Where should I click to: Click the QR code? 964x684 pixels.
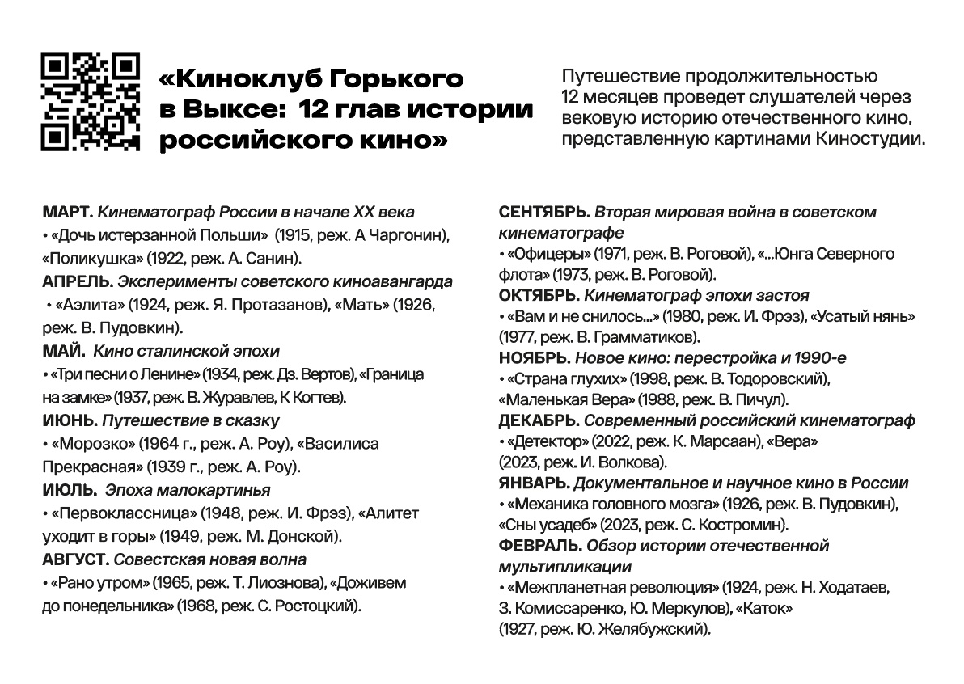91,102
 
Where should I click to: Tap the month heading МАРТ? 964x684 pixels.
67,213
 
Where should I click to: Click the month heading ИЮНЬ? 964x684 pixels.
69,420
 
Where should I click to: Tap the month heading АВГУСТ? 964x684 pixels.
75,559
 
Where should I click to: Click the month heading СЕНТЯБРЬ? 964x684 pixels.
545,213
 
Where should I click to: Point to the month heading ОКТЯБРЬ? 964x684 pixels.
539,296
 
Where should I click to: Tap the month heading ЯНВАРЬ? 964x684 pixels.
535,483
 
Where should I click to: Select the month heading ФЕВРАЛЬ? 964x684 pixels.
540,546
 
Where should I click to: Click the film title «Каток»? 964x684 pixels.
764,607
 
